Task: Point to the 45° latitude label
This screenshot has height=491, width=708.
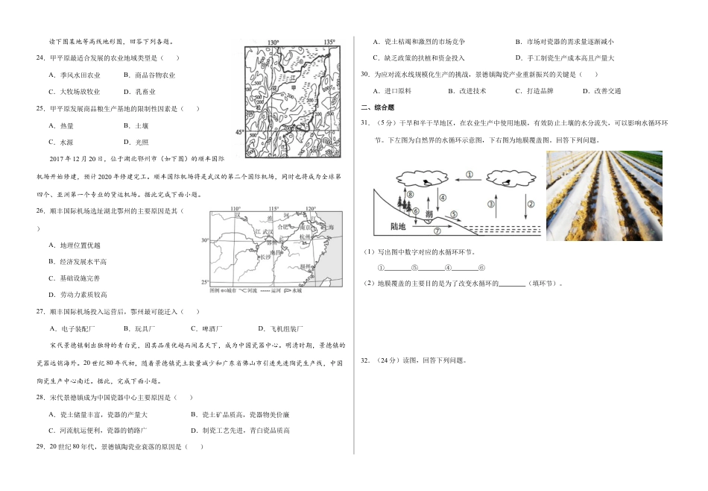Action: (238, 132)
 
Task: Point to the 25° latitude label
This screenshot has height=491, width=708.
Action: (206, 282)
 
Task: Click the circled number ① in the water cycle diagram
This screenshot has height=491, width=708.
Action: (470, 175)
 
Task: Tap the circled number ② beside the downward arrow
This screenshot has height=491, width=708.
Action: (530, 203)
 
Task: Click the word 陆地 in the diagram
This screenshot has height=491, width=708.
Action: (398, 227)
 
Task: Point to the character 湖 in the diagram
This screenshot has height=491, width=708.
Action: (429, 215)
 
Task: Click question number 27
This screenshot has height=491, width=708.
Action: (41, 312)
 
